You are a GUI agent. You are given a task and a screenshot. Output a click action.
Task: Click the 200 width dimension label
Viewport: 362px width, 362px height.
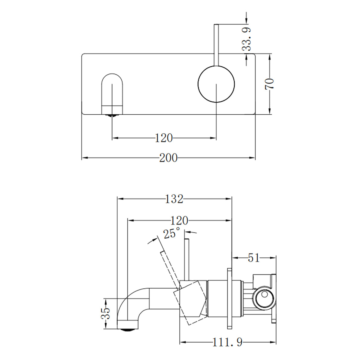[168, 157]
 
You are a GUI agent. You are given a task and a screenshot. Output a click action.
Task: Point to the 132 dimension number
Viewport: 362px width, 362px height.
[174, 199]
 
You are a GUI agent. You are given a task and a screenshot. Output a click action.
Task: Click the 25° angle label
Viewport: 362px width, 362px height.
[172, 233]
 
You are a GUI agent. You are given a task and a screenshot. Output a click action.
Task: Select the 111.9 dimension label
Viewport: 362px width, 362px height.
[227, 342]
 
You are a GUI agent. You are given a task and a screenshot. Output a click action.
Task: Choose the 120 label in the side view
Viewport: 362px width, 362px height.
[179, 221]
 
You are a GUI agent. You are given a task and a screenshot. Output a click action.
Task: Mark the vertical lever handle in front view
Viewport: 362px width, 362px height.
[216, 44]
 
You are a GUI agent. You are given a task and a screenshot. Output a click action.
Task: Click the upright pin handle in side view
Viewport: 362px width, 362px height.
[187, 259]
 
